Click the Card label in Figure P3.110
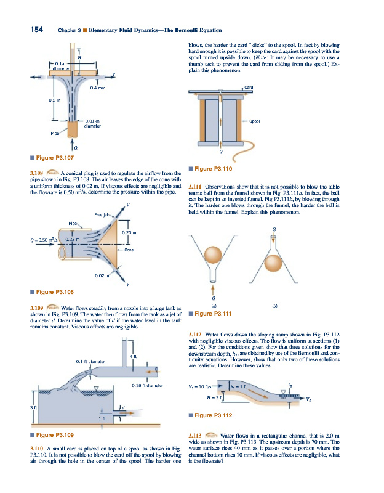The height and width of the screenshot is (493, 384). (249, 87)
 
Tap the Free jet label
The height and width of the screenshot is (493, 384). (102, 214)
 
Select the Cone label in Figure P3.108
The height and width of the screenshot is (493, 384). (129, 250)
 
